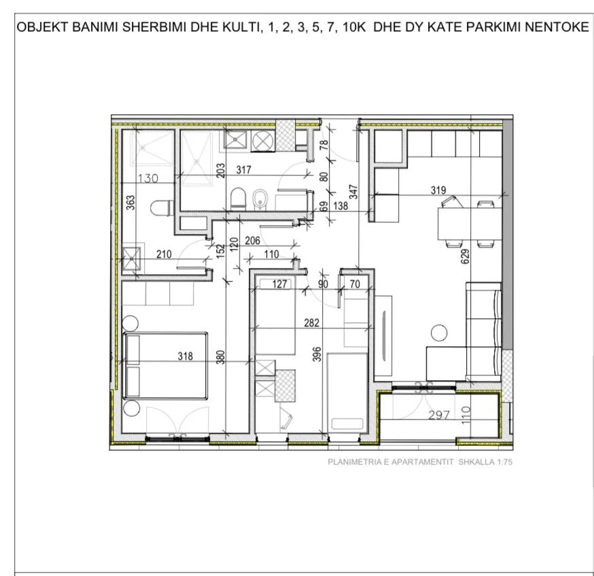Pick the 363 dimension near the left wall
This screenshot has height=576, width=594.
pyautogui.click(x=130, y=205)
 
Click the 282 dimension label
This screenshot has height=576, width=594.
pyautogui.click(x=312, y=322)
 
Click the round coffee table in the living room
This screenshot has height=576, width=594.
pyautogui.click(x=436, y=333)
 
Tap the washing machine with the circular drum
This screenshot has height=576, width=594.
pyautogui.click(x=261, y=141)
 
